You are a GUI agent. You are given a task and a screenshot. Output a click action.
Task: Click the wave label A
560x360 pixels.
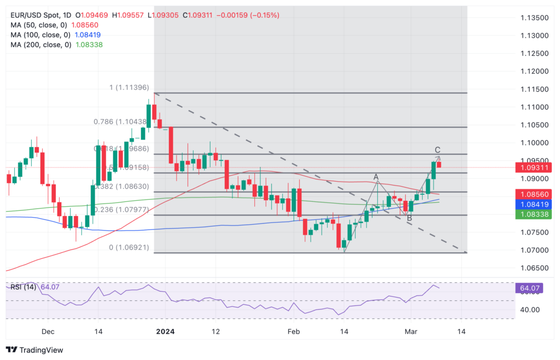pos(376,177)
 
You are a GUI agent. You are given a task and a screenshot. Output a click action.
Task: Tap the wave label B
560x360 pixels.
pos(410,218)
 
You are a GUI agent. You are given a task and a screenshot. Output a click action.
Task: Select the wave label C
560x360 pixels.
pos(437,150)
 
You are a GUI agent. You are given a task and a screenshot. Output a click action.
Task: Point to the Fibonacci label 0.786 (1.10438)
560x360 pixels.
pos(120,122)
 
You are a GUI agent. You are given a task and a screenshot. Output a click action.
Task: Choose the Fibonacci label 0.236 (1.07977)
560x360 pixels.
pos(120,210)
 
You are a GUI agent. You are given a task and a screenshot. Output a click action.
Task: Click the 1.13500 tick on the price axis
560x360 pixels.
pos(534,18)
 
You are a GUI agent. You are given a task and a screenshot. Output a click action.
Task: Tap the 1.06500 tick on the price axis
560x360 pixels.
pos(534,268)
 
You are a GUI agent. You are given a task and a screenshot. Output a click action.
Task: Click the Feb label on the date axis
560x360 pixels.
pos(294,332)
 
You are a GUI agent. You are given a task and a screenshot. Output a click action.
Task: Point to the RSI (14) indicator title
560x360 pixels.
pos(23,287)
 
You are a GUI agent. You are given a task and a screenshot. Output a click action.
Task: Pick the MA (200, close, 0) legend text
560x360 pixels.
pos(40,45)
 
